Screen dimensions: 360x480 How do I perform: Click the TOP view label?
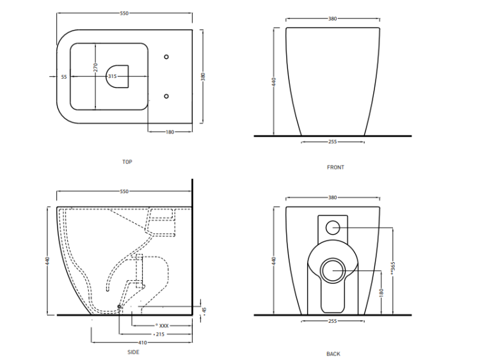[x=127, y=162]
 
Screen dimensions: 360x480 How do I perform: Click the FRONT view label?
[x=335, y=168]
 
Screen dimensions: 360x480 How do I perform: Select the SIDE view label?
[x=133, y=352]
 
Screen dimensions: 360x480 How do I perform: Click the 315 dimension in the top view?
[x=112, y=76]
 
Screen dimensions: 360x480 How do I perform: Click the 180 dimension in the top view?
[x=170, y=132]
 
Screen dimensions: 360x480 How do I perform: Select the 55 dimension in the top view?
[x=64, y=76]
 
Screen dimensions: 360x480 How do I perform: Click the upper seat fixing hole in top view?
[x=167, y=56]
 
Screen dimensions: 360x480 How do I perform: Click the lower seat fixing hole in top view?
[x=167, y=97]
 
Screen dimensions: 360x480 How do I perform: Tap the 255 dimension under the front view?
[x=332, y=141]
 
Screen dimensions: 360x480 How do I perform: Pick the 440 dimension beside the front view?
[x=274, y=82]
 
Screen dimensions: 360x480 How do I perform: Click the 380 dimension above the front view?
[x=332, y=19]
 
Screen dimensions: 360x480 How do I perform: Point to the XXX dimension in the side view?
[x=163, y=325]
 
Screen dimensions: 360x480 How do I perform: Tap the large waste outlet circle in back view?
[x=333, y=272]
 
